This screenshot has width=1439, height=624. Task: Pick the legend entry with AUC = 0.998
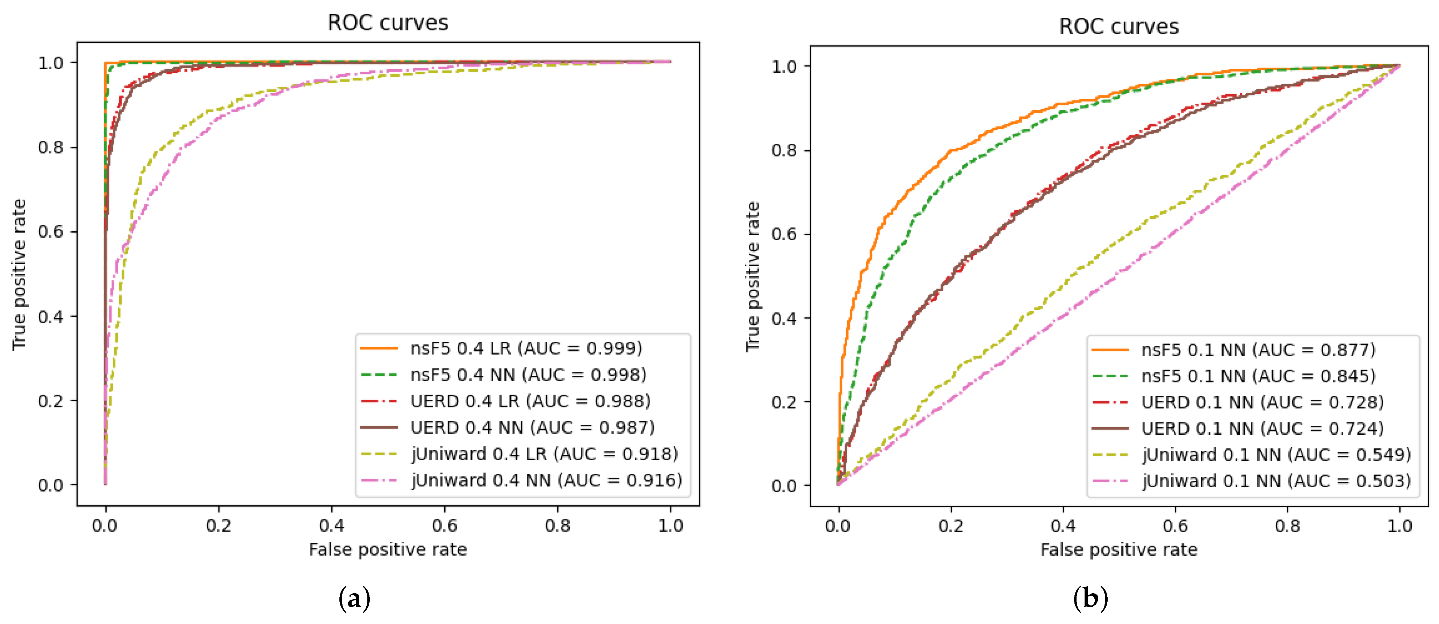[528, 374]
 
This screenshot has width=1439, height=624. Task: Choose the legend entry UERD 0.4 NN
[532, 428]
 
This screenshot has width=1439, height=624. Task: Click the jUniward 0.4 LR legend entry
[544, 454]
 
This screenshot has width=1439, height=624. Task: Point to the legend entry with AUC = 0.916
[546, 480]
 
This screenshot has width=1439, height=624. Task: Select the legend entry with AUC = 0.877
[1258, 350]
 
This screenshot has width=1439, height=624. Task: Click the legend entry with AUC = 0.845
[1258, 376]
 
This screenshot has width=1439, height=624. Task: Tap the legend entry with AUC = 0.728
[1262, 402]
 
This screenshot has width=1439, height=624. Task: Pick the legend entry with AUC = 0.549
[1276, 455]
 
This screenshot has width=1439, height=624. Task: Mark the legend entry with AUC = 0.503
[1276, 481]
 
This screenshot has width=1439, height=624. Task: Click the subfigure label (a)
[354, 599]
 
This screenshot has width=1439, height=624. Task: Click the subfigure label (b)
[1090, 599]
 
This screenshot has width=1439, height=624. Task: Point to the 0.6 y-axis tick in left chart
[50, 231]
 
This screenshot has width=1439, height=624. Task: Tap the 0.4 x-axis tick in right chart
[1063, 526]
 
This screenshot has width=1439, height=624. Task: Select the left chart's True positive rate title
[20, 274]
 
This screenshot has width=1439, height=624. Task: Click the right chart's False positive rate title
[1118, 550]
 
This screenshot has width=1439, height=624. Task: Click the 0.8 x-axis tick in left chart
[557, 526]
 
